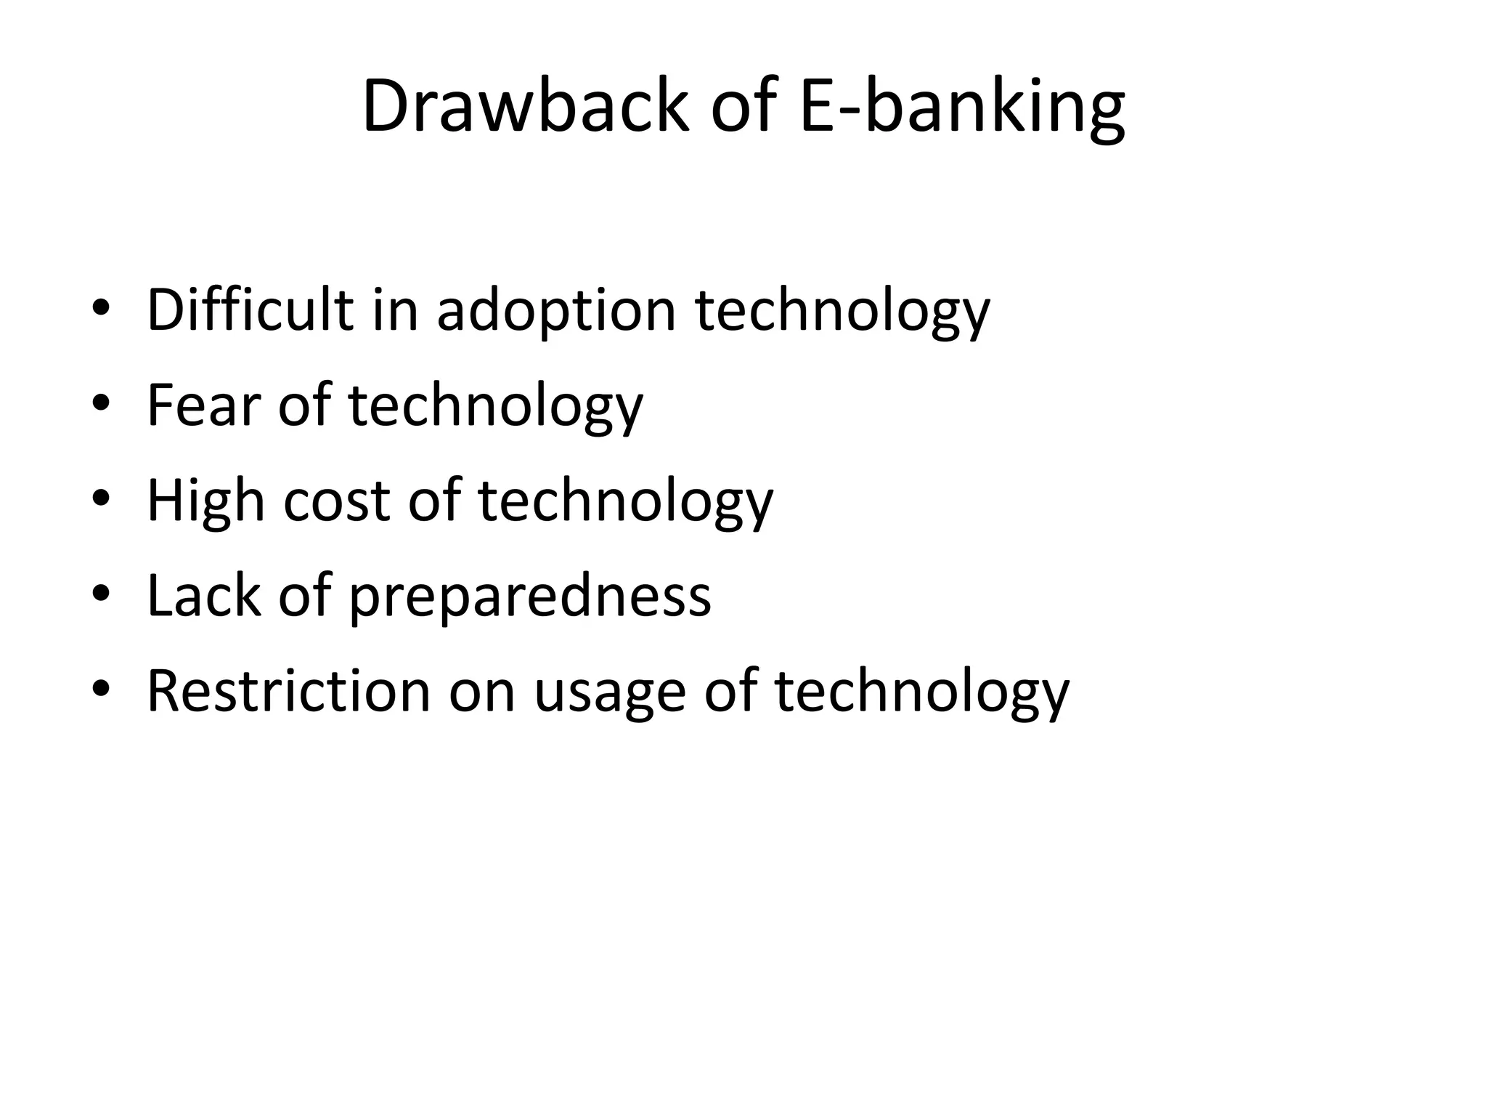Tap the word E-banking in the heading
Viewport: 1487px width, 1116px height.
pyautogui.click(x=961, y=107)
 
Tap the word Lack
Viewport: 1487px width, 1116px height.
pyautogui.click(x=204, y=595)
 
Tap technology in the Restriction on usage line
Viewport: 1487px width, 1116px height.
pyautogui.click(x=922, y=692)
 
